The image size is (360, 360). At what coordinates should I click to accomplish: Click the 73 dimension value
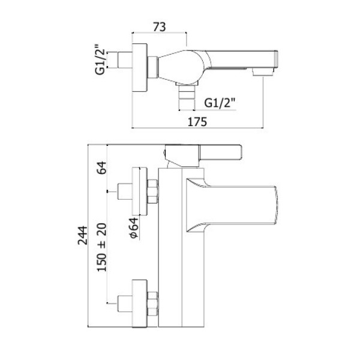click(x=160, y=27)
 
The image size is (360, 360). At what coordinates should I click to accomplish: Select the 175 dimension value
click(x=197, y=122)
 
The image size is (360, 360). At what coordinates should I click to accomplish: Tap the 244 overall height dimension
click(x=83, y=235)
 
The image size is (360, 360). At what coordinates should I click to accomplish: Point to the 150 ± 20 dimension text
click(x=102, y=247)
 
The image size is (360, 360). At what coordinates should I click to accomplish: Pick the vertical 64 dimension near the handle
click(x=102, y=167)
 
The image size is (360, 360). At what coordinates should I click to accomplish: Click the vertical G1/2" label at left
click(x=100, y=59)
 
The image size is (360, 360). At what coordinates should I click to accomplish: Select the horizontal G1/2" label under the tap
click(x=220, y=103)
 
